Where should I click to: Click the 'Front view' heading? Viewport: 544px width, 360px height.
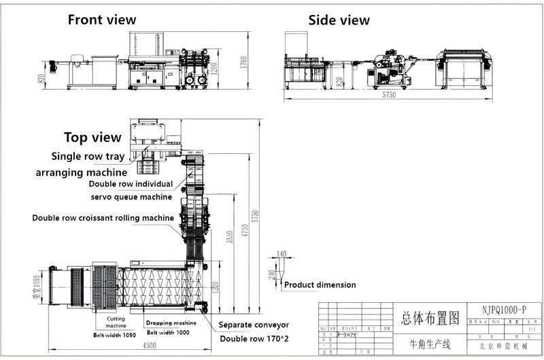[101, 20]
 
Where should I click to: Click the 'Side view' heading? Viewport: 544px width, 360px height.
[339, 20]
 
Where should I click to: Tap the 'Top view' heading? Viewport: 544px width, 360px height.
[92, 137]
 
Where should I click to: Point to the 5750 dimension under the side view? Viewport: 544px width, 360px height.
[388, 95]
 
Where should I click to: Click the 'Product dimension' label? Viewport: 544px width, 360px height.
[320, 284]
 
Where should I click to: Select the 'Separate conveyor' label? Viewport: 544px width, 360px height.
[254, 325]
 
